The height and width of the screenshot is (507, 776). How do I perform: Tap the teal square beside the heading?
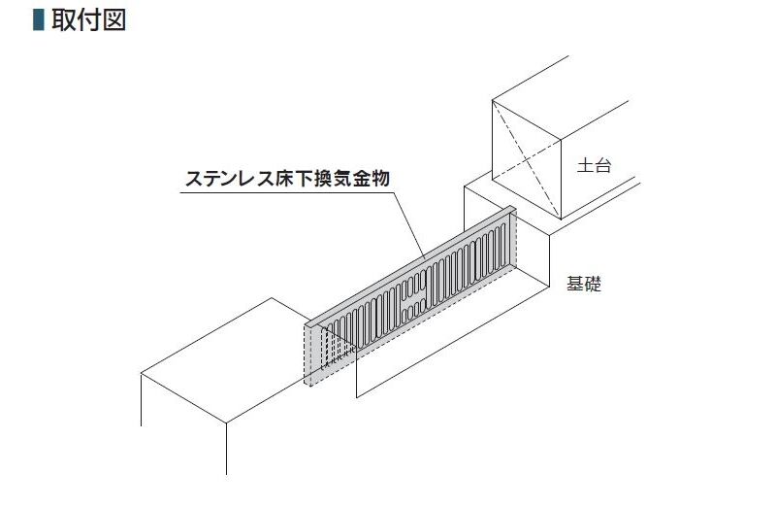point(40,20)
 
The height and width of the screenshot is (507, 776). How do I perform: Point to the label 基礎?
point(585,286)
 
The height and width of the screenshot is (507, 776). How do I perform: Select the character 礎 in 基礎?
point(594,286)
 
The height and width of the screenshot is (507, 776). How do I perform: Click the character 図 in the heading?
point(113,20)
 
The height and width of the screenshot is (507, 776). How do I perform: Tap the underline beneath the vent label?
point(291,191)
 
